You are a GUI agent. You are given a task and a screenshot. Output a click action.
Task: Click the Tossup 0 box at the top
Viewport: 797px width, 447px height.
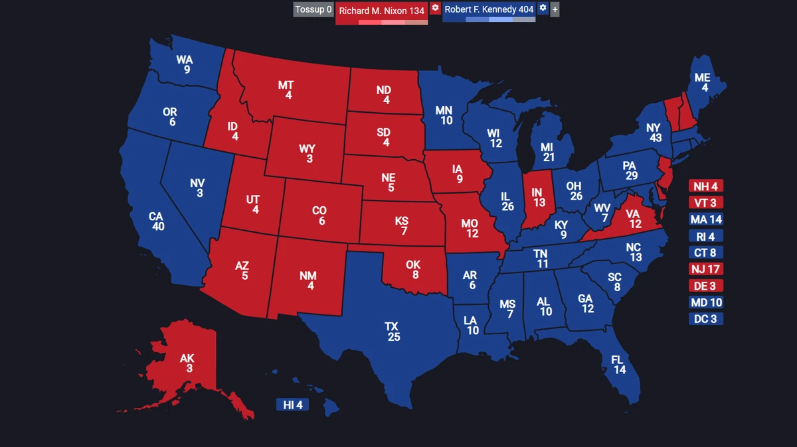313,9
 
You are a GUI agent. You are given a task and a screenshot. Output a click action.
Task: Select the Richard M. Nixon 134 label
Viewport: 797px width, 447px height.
381,11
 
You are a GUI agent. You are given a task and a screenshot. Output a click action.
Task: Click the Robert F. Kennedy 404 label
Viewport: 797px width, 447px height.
489,9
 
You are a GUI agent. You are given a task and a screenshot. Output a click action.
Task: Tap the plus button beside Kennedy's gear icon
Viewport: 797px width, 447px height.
555,9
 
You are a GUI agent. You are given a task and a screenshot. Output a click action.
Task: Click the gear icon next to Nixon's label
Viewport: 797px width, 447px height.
435,8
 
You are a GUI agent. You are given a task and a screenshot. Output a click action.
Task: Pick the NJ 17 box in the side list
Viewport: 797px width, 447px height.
705,269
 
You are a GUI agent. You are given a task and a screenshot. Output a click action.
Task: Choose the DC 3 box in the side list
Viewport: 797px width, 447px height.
705,319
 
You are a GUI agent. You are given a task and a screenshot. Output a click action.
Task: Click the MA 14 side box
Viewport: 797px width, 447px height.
705,220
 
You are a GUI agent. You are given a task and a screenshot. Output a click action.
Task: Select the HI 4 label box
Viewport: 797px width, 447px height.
293,405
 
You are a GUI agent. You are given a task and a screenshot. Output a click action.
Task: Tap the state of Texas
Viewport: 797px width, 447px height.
392,332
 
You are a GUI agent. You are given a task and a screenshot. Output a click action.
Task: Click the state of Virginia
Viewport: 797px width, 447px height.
634,219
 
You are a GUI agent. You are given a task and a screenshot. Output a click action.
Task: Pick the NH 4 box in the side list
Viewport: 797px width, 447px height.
705,186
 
